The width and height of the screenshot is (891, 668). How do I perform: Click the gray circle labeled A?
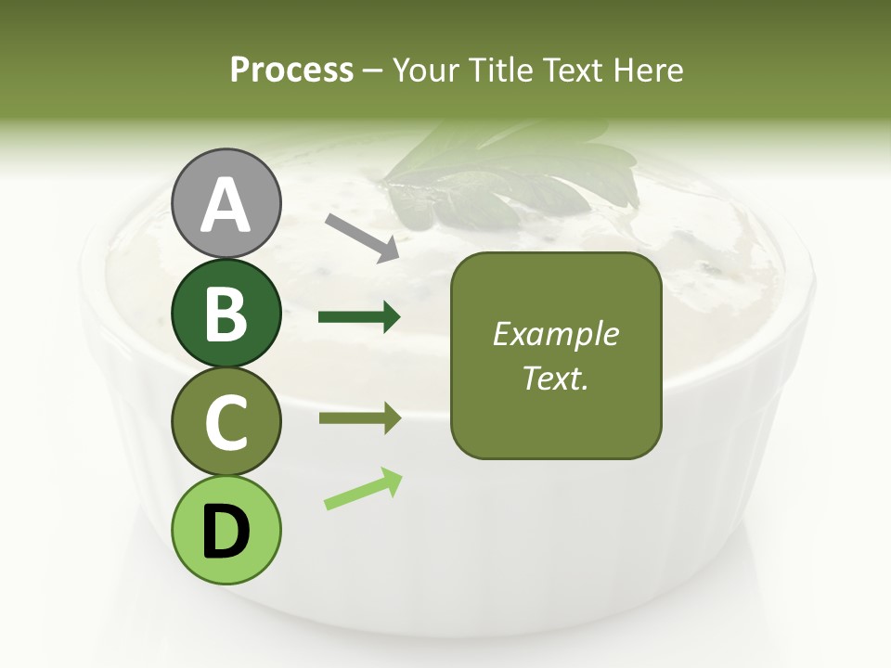tap(226, 204)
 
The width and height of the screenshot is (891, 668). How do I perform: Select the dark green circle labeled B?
tap(226, 314)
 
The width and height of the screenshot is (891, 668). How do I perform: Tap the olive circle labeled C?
tap(226, 423)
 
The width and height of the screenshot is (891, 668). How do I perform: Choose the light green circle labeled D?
tap(226, 531)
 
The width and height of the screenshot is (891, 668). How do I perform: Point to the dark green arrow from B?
tap(359, 317)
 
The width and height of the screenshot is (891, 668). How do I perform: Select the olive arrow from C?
tap(359, 418)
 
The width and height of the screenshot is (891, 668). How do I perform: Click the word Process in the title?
tap(291, 70)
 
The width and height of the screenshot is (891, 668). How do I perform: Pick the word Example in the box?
tap(555, 334)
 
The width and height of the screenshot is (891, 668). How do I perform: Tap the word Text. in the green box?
tap(555, 378)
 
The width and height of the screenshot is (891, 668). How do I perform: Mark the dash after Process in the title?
tap(372, 71)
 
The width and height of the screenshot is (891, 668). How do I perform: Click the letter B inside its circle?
tap(226, 314)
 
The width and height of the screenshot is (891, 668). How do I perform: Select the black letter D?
tap(226, 532)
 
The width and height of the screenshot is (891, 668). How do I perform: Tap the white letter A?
tap(226, 204)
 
